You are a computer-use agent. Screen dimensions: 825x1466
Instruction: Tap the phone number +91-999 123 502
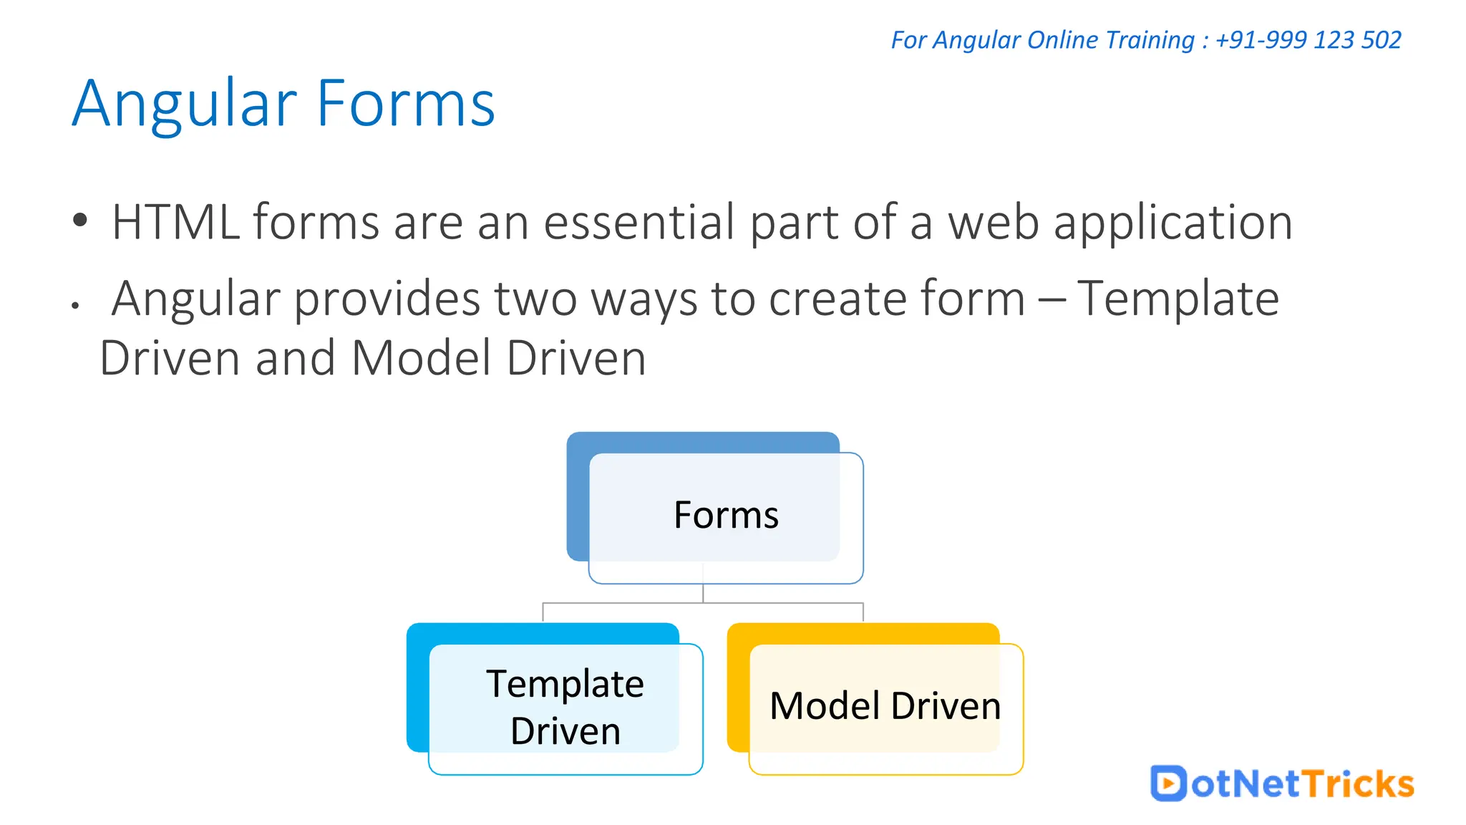(1308, 40)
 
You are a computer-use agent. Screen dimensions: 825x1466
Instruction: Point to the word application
(1173, 223)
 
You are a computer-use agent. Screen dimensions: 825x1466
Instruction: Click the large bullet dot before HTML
(80, 220)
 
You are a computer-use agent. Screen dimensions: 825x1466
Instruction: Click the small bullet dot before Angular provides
(75, 306)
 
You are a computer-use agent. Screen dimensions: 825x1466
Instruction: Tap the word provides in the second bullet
(387, 299)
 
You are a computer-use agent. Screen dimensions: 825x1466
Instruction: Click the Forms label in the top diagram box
(726, 515)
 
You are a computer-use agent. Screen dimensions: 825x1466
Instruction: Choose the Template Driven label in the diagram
(565, 707)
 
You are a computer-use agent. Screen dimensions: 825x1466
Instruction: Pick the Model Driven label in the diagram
(885, 706)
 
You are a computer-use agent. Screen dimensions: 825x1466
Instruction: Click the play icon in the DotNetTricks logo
(1168, 783)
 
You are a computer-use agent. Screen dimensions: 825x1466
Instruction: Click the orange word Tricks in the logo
(1357, 783)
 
